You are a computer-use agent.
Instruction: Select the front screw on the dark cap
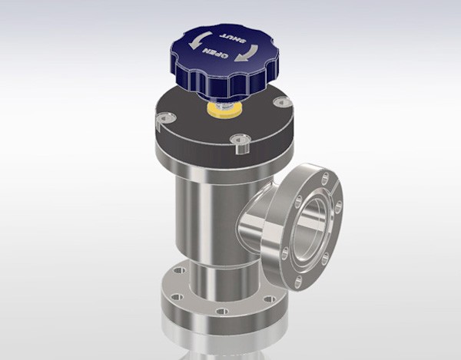point(240,140)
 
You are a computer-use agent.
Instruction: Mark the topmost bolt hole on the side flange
point(324,178)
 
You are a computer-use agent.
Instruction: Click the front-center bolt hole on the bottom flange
point(221,311)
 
